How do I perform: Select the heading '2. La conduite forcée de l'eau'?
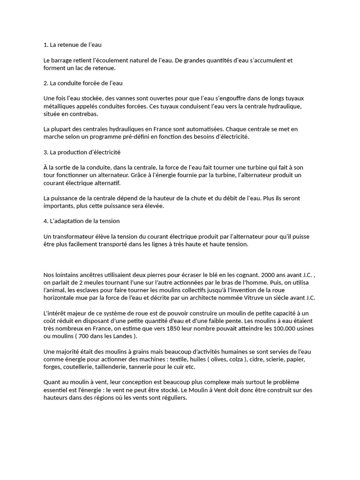(x=82, y=83)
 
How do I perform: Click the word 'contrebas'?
(x=82, y=114)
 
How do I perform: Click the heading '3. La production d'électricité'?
(x=82, y=152)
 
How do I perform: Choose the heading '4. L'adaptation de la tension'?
(x=81, y=221)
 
